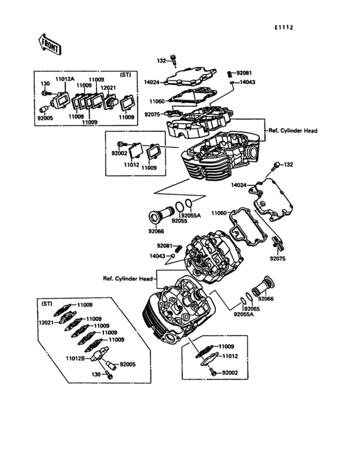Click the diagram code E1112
click(283, 27)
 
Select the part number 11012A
click(64, 79)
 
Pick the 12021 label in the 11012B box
click(46, 323)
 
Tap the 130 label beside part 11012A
click(46, 84)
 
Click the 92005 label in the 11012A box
click(46, 118)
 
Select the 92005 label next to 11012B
click(127, 365)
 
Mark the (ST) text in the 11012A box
click(125, 75)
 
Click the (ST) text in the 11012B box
click(47, 303)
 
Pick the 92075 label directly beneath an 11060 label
click(152, 114)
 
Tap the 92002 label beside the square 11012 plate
click(120, 154)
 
